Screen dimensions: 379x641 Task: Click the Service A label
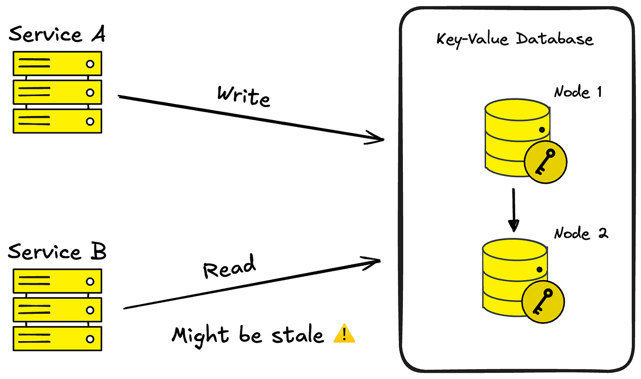(x=57, y=34)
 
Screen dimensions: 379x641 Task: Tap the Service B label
(x=57, y=252)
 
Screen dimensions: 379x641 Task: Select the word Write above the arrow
(x=243, y=96)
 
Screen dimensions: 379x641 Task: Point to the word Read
(x=229, y=267)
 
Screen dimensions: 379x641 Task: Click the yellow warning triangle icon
(x=344, y=334)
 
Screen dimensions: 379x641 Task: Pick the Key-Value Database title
(x=515, y=39)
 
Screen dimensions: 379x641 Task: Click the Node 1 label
(x=578, y=92)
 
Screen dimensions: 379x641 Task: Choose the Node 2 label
(x=581, y=233)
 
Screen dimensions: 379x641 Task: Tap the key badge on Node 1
(x=545, y=162)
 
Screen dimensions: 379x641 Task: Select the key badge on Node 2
(x=543, y=301)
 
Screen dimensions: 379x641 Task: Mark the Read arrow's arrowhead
(x=374, y=262)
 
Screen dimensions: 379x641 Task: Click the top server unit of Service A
(x=57, y=64)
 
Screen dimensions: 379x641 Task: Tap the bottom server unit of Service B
(x=57, y=339)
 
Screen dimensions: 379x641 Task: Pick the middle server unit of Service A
(x=57, y=93)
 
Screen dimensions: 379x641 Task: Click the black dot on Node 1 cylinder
(x=542, y=130)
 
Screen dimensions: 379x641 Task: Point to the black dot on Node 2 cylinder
(x=539, y=270)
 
